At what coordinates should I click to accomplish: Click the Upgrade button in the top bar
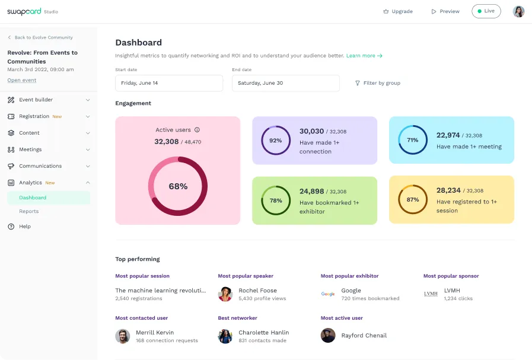point(398,11)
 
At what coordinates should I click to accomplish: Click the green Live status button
point(486,11)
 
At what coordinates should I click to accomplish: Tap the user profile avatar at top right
point(518,11)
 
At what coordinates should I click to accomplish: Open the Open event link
point(22,80)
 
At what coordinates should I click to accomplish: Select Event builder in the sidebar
point(36,100)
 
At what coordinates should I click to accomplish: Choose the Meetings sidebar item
point(30,149)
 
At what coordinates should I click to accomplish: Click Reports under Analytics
point(29,211)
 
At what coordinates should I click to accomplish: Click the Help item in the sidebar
point(25,227)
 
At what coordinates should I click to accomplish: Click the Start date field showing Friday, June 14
point(169,83)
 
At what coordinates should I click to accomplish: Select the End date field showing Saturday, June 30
point(286,83)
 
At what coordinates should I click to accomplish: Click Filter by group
point(377,83)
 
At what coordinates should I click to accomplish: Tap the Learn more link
point(364,56)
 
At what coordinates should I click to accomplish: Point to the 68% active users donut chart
point(178,186)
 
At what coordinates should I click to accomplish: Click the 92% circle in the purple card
point(276,141)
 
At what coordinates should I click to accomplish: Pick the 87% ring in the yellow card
point(413,200)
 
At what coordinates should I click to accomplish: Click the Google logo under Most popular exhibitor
point(328,294)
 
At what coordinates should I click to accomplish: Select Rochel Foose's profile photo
point(225,294)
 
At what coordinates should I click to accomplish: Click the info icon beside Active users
point(197,130)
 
